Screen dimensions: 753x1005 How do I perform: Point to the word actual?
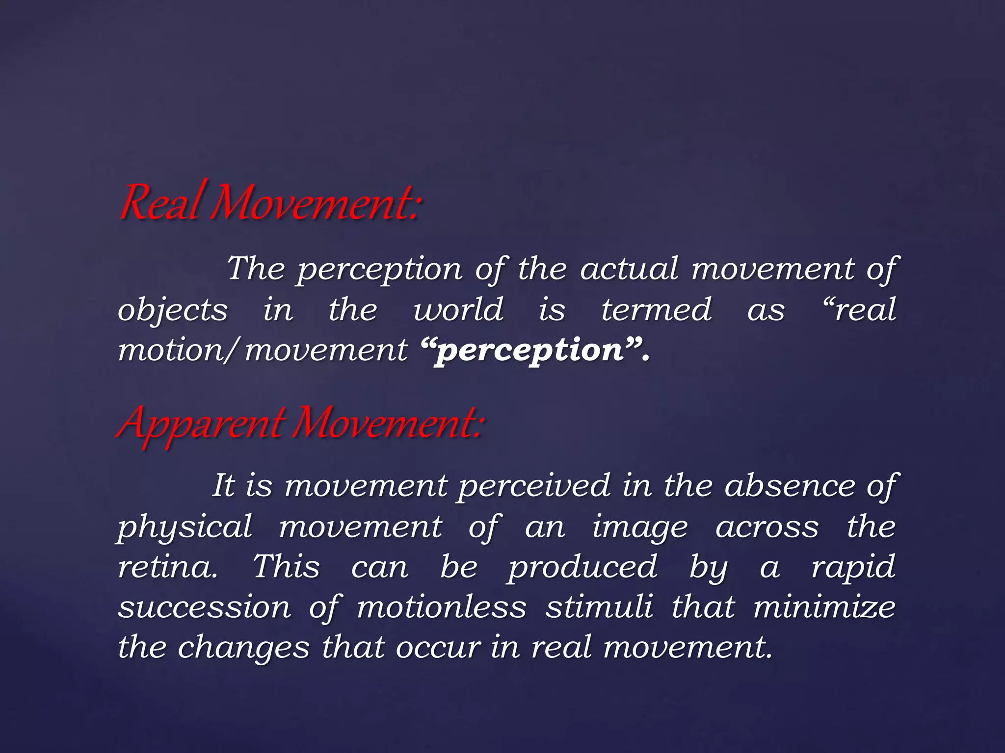(630, 269)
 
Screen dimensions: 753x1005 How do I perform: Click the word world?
(458, 310)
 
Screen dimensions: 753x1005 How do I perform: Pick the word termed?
(656, 310)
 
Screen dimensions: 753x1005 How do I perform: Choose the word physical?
(185, 528)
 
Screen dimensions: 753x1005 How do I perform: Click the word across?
(767, 528)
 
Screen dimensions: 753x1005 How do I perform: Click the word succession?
(205, 608)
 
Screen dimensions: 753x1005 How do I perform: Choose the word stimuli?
(599, 608)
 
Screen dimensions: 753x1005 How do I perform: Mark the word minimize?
(824, 608)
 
